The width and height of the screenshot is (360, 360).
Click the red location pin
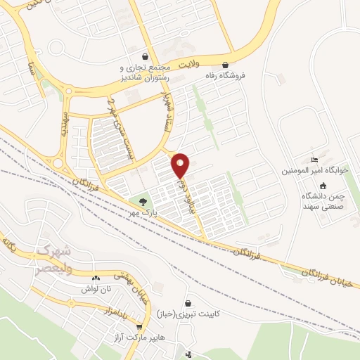click(181, 165)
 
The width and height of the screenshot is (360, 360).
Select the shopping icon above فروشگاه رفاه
click(225, 61)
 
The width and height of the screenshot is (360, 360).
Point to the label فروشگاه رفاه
click(225, 72)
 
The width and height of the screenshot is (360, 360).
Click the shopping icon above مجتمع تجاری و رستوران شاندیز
click(145, 57)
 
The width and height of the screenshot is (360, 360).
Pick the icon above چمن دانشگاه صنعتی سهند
click(323, 186)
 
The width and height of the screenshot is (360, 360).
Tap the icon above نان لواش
click(96, 278)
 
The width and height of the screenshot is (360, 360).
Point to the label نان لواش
click(96, 288)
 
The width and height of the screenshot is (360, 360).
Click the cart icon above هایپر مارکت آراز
click(139, 327)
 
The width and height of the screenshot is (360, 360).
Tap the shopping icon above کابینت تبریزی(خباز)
click(188, 304)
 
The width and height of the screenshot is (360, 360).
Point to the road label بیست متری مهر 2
click(120, 131)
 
